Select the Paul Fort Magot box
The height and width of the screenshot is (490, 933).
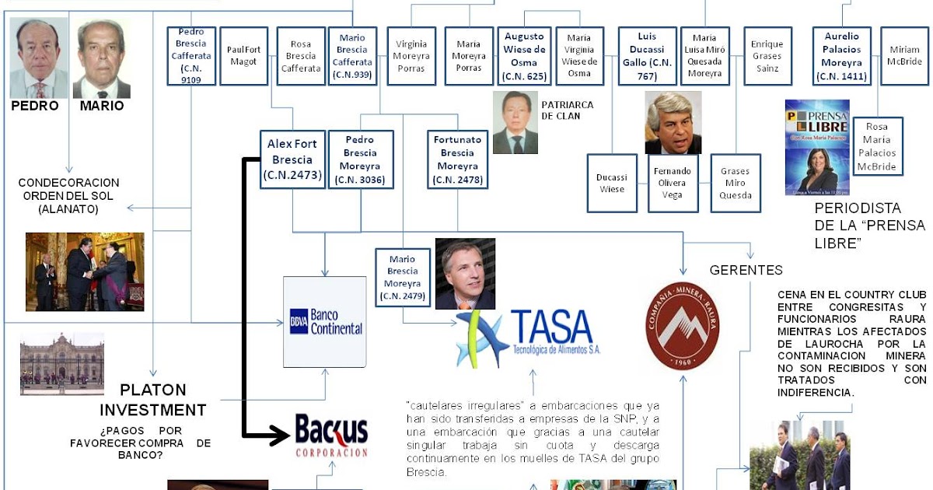point(243,56)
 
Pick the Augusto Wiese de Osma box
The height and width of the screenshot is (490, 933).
point(525,56)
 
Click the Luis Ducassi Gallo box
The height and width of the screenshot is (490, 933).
point(647,56)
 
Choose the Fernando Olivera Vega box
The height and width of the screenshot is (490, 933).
point(673,184)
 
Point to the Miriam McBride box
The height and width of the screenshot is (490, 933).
point(904,56)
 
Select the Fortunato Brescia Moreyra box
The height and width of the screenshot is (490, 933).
point(457,159)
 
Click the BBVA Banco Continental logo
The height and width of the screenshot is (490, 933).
point(325,321)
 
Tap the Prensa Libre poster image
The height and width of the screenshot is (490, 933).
point(817,146)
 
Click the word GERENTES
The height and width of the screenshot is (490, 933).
point(746,271)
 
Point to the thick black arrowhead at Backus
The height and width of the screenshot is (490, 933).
point(279,436)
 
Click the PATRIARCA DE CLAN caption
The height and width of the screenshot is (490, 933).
point(566,110)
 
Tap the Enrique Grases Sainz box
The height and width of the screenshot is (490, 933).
point(767,56)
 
